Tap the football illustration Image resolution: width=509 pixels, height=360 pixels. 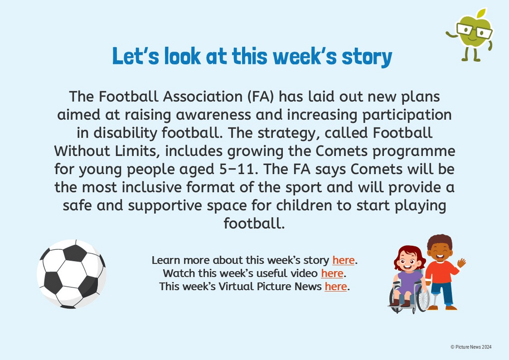72,274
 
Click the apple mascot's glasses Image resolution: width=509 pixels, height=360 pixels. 474,31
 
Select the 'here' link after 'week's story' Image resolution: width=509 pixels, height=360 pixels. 343,260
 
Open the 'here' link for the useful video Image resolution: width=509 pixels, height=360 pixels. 332,273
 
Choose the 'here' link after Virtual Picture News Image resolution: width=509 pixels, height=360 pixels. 335,287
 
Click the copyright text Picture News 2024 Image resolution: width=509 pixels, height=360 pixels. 471,347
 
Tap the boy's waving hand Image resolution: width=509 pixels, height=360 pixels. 461,262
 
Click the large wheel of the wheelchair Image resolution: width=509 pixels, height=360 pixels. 422,300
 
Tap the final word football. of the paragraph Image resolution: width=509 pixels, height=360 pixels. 254,223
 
